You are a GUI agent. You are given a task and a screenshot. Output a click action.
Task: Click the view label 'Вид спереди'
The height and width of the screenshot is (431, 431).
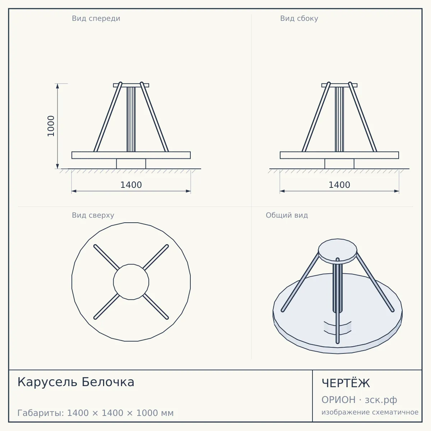point(96,18)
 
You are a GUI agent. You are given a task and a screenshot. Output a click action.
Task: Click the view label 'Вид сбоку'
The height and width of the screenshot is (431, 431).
point(299,18)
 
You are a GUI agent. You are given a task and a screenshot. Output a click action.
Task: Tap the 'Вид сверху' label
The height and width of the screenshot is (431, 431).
point(93,215)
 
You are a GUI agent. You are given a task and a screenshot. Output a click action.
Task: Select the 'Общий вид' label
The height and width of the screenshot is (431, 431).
point(287,215)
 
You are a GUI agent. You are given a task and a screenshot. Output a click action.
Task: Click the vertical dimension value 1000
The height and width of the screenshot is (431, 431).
point(51,126)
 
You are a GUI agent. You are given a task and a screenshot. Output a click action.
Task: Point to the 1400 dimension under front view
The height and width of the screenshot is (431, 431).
point(131,185)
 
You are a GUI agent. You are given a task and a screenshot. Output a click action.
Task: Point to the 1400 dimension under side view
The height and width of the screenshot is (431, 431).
point(339,185)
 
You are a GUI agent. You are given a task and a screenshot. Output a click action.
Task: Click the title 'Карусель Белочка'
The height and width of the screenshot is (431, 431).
point(76,382)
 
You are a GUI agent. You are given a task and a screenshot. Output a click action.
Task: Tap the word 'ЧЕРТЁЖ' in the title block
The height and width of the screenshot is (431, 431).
point(346,383)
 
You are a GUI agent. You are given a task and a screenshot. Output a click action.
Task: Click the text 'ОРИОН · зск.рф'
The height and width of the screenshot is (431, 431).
point(359,400)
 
